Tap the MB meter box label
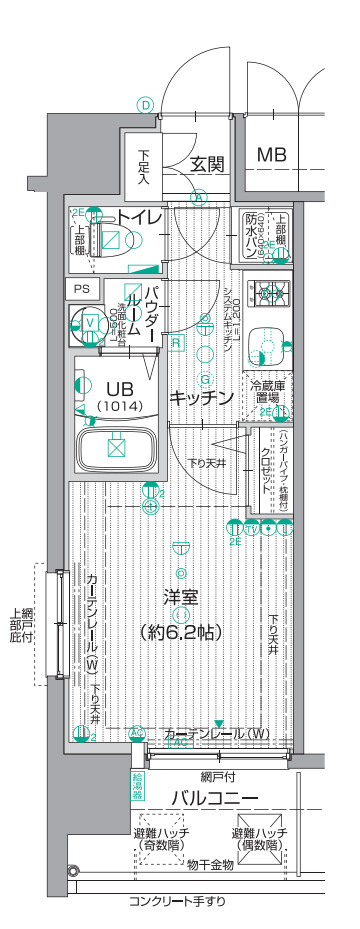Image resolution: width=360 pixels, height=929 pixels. [x=273, y=156]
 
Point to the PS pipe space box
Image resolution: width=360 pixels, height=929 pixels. [x=82, y=289]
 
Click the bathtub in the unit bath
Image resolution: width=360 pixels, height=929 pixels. [x=115, y=446]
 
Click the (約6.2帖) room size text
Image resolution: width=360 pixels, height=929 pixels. [x=181, y=632]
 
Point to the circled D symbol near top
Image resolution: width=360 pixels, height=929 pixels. [x=146, y=105]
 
